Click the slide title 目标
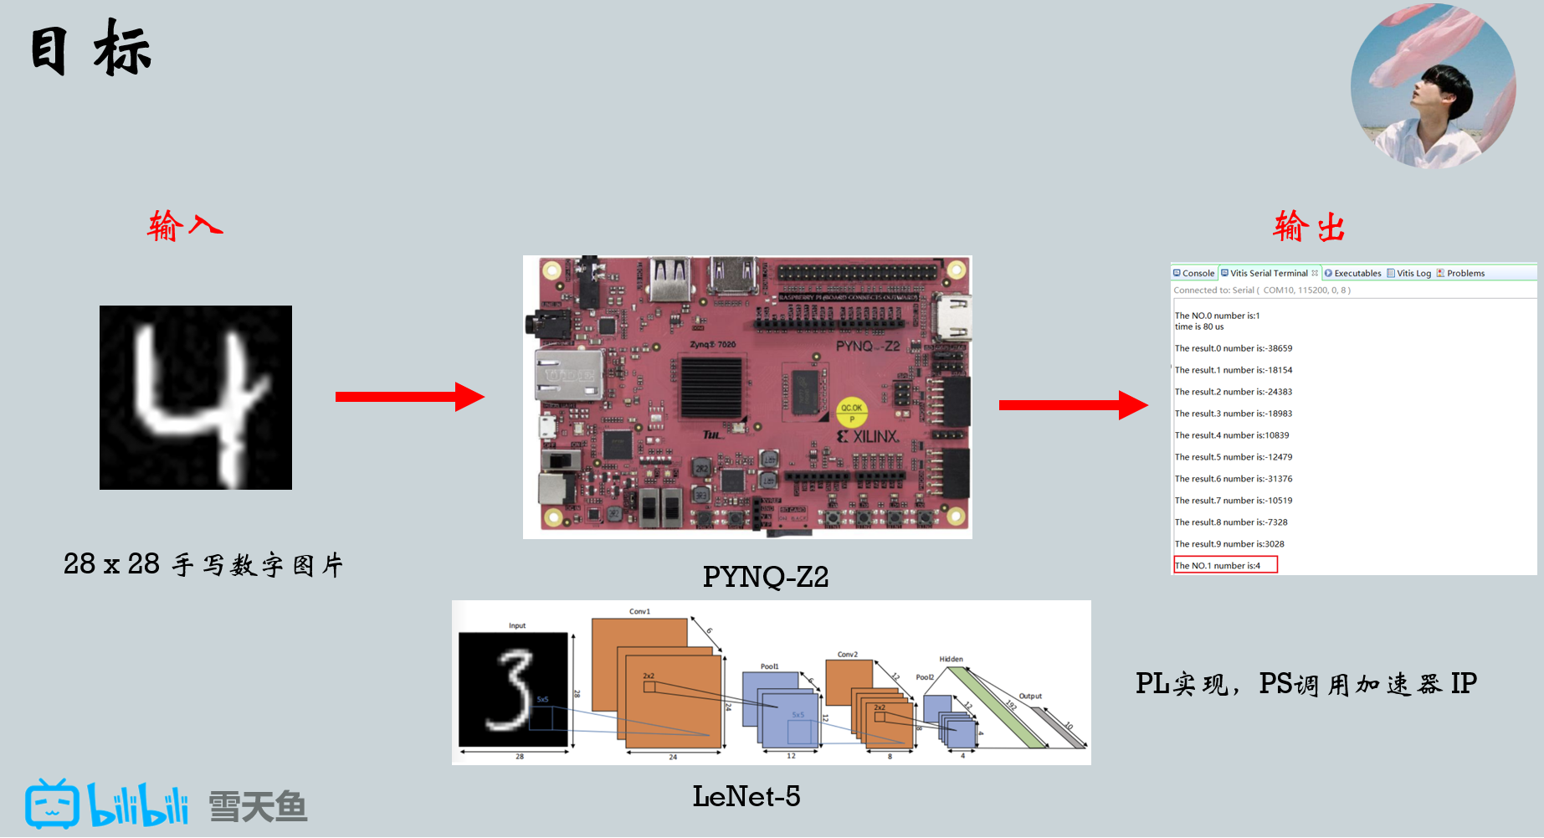point(90,49)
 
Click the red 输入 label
point(185,226)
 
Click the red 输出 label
point(1309,227)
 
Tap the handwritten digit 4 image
point(196,398)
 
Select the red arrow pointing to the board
point(409,397)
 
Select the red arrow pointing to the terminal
point(1073,405)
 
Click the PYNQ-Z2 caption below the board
point(765,577)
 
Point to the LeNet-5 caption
point(746,796)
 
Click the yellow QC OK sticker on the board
point(852,412)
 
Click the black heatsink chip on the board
point(711,387)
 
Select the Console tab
point(1194,273)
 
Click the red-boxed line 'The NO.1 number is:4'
point(1225,565)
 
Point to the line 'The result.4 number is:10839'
point(1231,435)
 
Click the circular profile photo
point(1433,86)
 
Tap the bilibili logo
point(107,805)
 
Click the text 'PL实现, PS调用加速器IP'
point(1305,684)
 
